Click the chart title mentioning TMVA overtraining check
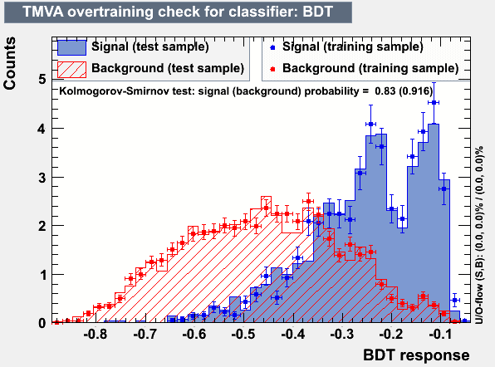178,12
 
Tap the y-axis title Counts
9,63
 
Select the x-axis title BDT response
416,355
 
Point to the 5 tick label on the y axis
42,79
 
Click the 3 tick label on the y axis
42,178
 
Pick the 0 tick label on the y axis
42,323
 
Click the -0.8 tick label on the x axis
96,334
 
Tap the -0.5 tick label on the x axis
243,334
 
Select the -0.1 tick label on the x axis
441,334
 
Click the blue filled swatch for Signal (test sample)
72,47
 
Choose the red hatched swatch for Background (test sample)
72,70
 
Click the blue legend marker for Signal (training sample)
272,47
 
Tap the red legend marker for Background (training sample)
272,69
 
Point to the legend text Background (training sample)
370,68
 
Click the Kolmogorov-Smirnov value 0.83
385,91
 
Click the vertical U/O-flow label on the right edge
479,235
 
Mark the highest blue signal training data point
434,102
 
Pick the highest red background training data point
308,201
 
